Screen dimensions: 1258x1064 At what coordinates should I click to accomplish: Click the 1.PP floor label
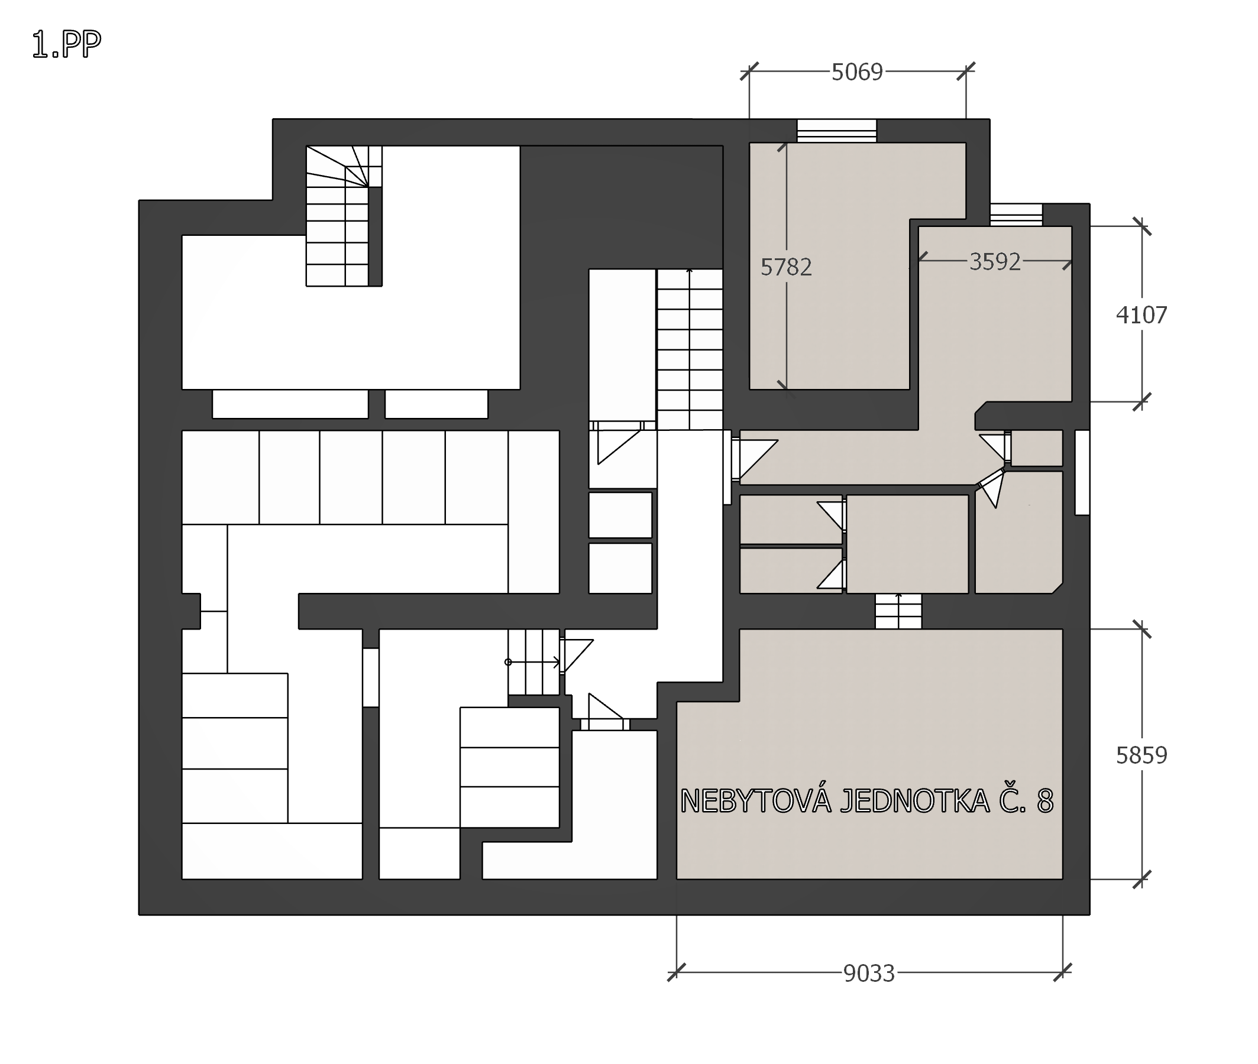(66, 45)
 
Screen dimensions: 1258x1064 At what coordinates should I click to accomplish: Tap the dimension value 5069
(857, 72)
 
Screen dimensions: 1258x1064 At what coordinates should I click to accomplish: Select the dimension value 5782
(785, 267)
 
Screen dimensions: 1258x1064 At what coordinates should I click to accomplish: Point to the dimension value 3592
(995, 262)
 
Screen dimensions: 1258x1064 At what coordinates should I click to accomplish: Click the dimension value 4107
(1141, 315)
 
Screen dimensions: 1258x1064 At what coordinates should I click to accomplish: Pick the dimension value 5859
(1141, 755)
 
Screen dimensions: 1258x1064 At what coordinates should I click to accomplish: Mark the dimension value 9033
(869, 974)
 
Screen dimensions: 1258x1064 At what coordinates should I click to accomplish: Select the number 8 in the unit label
(1045, 801)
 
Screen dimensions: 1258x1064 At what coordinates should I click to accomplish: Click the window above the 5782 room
(836, 131)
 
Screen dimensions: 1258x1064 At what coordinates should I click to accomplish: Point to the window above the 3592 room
(1016, 215)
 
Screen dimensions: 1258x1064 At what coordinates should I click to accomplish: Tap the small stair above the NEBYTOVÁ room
(898, 611)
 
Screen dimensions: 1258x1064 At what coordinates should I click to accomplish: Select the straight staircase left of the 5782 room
(690, 349)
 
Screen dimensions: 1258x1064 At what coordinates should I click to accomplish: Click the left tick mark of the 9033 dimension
(677, 972)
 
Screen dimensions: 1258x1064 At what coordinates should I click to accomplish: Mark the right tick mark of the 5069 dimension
(966, 71)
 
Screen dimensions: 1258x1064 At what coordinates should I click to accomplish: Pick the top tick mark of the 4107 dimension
(1141, 226)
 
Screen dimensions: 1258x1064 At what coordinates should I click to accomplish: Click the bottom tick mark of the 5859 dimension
(1141, 879)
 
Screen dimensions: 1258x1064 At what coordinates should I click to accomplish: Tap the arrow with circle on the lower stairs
(533, 662)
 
